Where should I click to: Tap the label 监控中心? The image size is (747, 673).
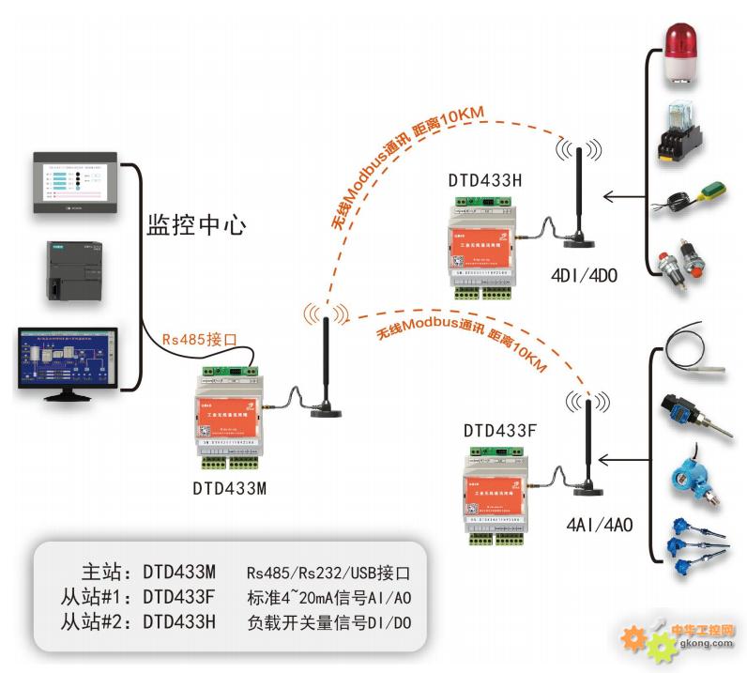196,225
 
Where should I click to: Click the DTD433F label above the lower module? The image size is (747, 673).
500,431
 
